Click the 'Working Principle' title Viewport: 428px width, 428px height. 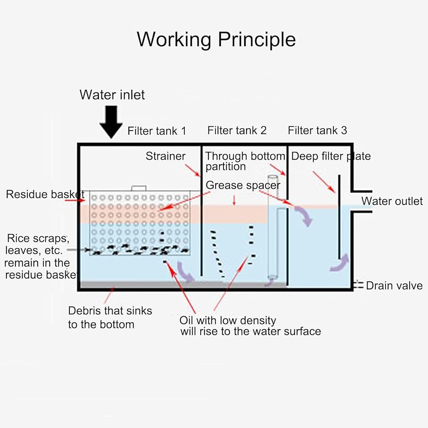[216, 40]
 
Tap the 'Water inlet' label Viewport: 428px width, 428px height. [112, 95]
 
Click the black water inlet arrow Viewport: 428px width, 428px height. [111, 122]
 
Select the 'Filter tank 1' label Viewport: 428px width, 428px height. [157, 131]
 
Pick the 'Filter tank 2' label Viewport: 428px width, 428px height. [237, 130]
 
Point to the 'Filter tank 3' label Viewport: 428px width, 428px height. [318, 130]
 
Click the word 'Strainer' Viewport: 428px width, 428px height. [165, 156]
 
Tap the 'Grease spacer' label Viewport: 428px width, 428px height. [243, 185]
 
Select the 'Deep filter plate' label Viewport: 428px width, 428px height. [331, 156]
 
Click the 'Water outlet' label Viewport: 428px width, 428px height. [392, 201]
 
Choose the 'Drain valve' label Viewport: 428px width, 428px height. [395, 285]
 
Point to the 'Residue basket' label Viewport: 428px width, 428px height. [45, 194]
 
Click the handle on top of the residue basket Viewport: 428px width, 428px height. [139, 188]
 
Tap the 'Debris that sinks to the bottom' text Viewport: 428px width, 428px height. [110, 318]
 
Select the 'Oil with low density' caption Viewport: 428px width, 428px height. [228, 320]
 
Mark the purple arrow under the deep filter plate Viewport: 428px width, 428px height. [340, 263]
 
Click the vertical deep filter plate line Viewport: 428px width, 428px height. [339, 217]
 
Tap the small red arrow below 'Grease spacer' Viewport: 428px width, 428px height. [234, 200]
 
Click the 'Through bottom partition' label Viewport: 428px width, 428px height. [245, 161]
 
